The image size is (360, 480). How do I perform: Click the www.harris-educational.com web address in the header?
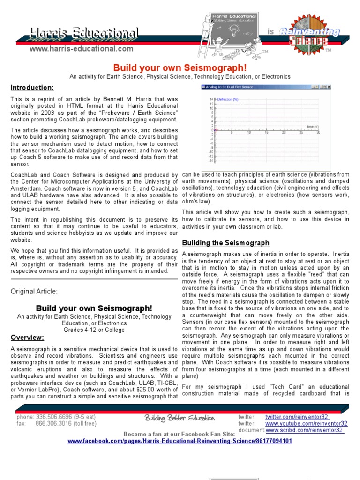click(x=81, y=49)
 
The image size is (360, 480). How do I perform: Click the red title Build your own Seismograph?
click(x=180, y=67)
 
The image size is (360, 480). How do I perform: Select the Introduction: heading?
click(x=32, y=88)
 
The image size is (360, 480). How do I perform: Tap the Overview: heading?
click(x=27, y=337)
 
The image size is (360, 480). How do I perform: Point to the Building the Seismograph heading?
click(x=225, y=243)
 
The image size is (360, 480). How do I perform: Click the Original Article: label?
click(x=34, y=291)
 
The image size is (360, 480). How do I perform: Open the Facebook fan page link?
click(x=180, y=441)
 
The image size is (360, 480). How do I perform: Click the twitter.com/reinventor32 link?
click(x=297, y=417)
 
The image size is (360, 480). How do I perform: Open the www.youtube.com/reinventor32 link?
click(x=306, y=423)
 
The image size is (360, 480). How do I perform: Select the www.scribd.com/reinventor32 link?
click(x=305, y=430)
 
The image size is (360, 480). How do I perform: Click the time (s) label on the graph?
click(x=313, y=127)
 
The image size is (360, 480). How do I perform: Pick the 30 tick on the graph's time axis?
click(x=318, y=133)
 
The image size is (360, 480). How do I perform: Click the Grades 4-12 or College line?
click(x=94, y=330)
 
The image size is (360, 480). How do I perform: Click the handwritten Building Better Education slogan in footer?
click(x=180, y=418)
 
